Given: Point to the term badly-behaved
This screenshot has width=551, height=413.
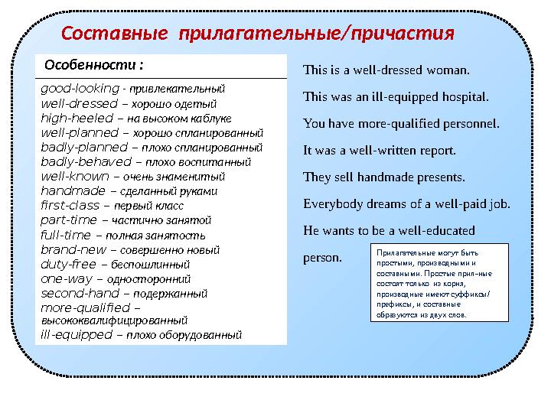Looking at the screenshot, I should click(x=86, y=162).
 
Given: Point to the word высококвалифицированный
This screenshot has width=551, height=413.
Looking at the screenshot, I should click(x=113, y=320).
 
